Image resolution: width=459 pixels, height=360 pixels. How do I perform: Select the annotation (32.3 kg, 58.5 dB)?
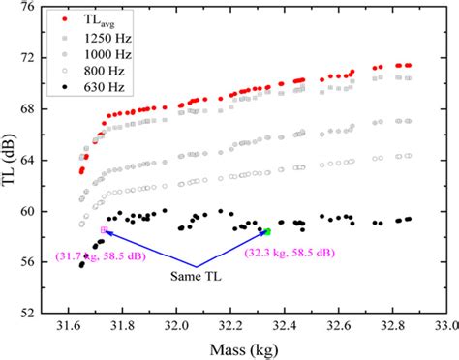pos(291,252)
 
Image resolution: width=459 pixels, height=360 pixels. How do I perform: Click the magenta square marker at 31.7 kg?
pos(104,229)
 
